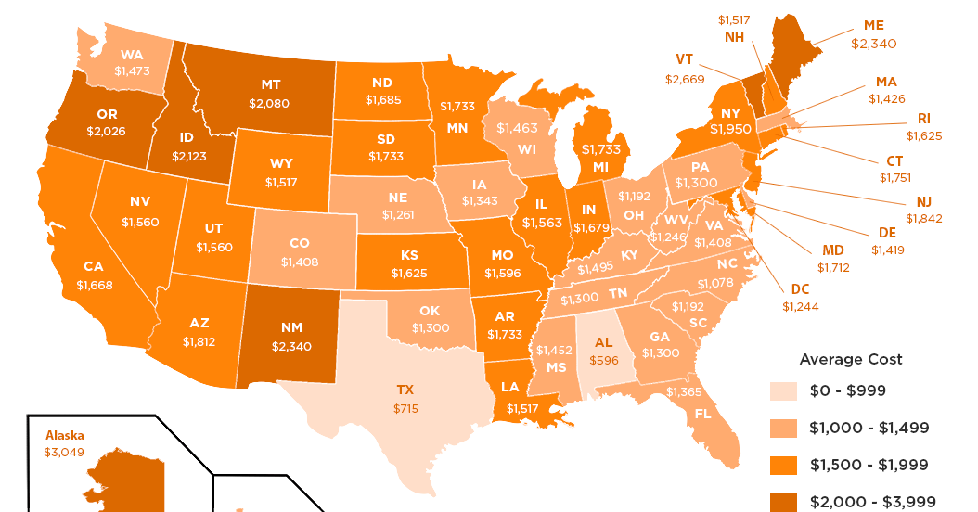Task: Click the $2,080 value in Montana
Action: pyautogui.click(x=268, y=104)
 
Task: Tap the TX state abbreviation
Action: pyautogui.click(x=405, y=390)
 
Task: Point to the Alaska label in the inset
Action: pyautogui.click(x=64, y=434)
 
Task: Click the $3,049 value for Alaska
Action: pyautogui.click(x=62, y=452)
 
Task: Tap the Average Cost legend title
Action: pyautogui.click(x=851, y=359)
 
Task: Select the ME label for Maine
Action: pyautogui.click(x=874, y=25)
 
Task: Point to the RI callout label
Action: pyautogui.click(x=924, y=118)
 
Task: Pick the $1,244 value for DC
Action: pyautogui.click(x=801, y=306)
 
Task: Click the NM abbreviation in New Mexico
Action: pyautogui.click(x=291, y=327)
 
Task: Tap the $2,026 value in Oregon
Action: pyautogui.click(x=105, y=131)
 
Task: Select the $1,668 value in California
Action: pyautogui.click(x=95, y=285)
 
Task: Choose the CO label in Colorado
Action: pyautogui.click(x=300, y=243)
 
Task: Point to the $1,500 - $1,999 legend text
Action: pyautogui.click(x=869, y=465)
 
